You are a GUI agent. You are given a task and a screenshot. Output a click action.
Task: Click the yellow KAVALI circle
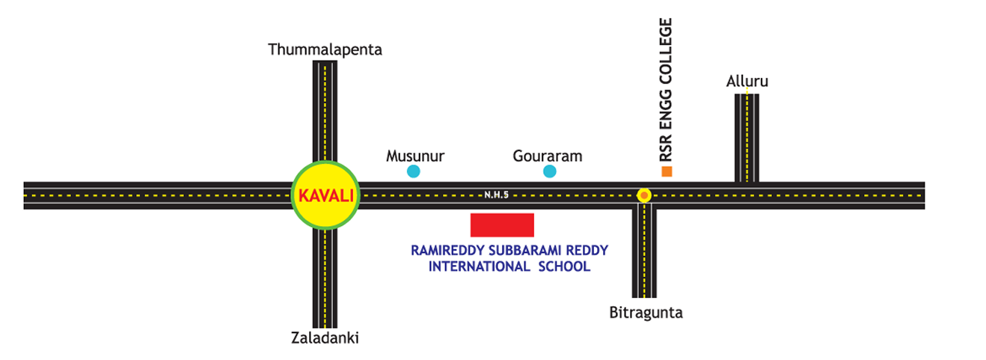point(325,195)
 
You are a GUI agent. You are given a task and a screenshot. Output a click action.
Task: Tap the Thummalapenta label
point(325,50)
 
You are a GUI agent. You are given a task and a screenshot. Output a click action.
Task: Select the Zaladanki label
point(325,338)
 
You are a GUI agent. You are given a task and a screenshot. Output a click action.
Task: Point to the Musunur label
point(415,156)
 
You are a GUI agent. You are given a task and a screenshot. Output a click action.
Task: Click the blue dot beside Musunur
point(413,171)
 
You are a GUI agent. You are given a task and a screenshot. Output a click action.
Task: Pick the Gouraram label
point(548,156)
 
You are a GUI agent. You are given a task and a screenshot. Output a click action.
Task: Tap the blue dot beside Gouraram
point(550,171)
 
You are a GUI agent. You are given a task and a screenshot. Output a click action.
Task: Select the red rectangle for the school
point(502,225)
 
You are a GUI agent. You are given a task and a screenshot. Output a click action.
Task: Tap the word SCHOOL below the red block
point(564,266)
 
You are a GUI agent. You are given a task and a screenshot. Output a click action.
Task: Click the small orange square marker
point(667,171)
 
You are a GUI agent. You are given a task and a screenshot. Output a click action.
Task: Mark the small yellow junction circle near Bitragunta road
point(643,195)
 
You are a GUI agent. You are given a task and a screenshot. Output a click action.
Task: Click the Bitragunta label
point(646,312)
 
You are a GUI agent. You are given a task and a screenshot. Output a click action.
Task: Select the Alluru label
point(747,81)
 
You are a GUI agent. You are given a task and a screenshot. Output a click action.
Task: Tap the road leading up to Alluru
point(747,138)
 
